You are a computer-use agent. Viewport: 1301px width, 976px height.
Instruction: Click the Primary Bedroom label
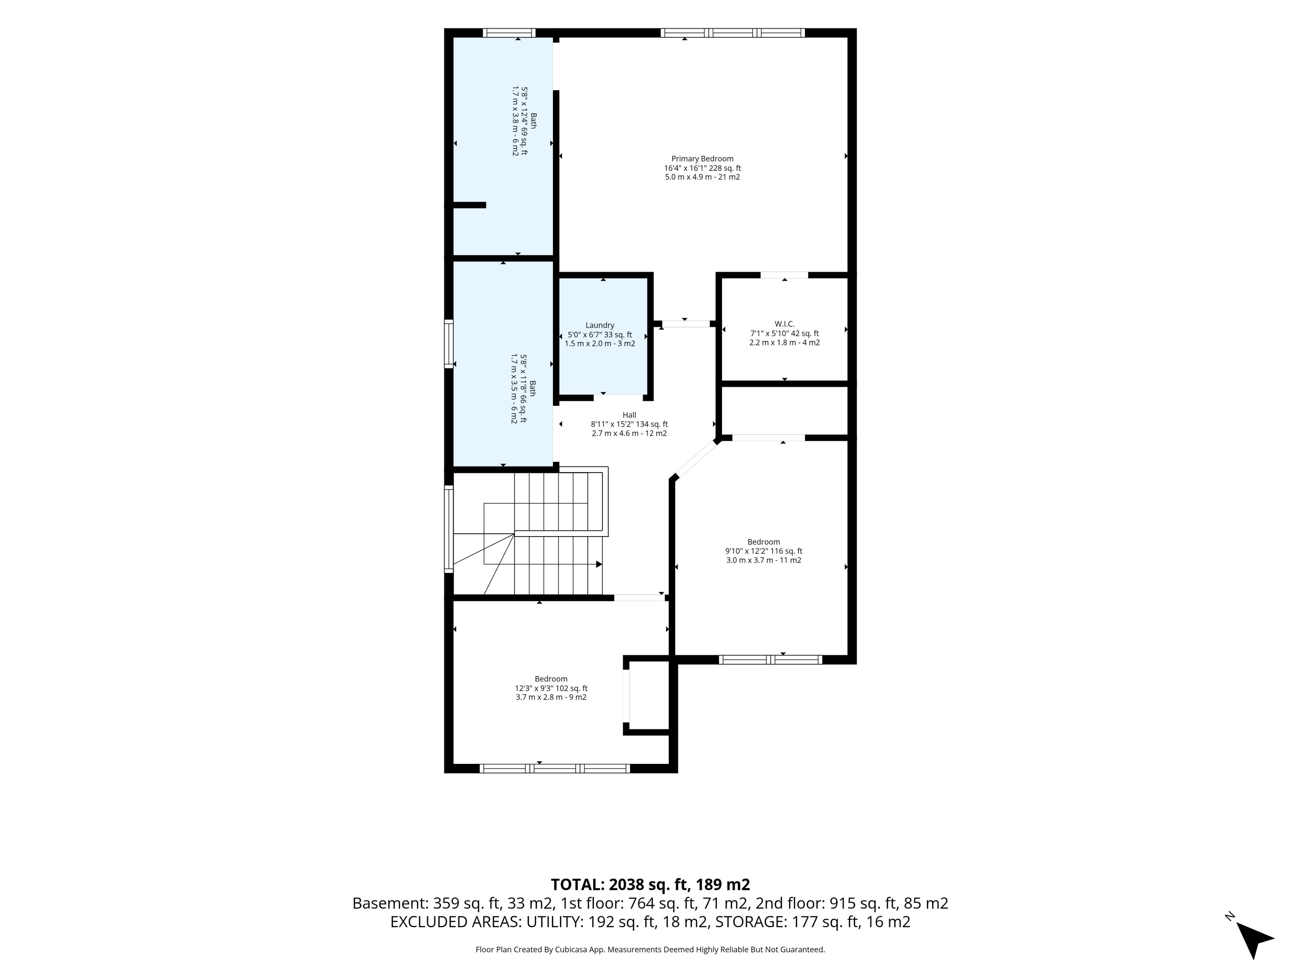pyautogui.click(x=702, y=159)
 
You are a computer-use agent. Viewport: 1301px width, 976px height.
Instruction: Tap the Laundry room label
pyautogui.click(x=600, y=325)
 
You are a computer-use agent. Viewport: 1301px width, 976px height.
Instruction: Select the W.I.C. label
pyautogui.click(x=785, y=324)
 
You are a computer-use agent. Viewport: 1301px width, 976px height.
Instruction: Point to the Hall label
pyautogui.click(x=629, y=415)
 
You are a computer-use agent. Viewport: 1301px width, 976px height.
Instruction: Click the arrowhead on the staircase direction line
pyautogui.click(x=599, y=564)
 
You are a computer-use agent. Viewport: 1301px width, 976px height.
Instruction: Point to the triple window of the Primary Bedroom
pyautogui.click(x=732, y=33)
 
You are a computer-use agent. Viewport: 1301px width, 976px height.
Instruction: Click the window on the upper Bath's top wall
pyautogui.click(x=509, y=33)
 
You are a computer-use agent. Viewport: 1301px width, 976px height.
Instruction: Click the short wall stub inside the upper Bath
pyautogui.click(x=469, y=205)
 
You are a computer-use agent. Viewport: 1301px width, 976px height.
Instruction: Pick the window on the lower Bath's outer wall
pyautogui.click(x=449, y=344)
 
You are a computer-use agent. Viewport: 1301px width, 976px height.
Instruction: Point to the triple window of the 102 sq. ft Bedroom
pyautogui.click(x=555, y=768)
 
